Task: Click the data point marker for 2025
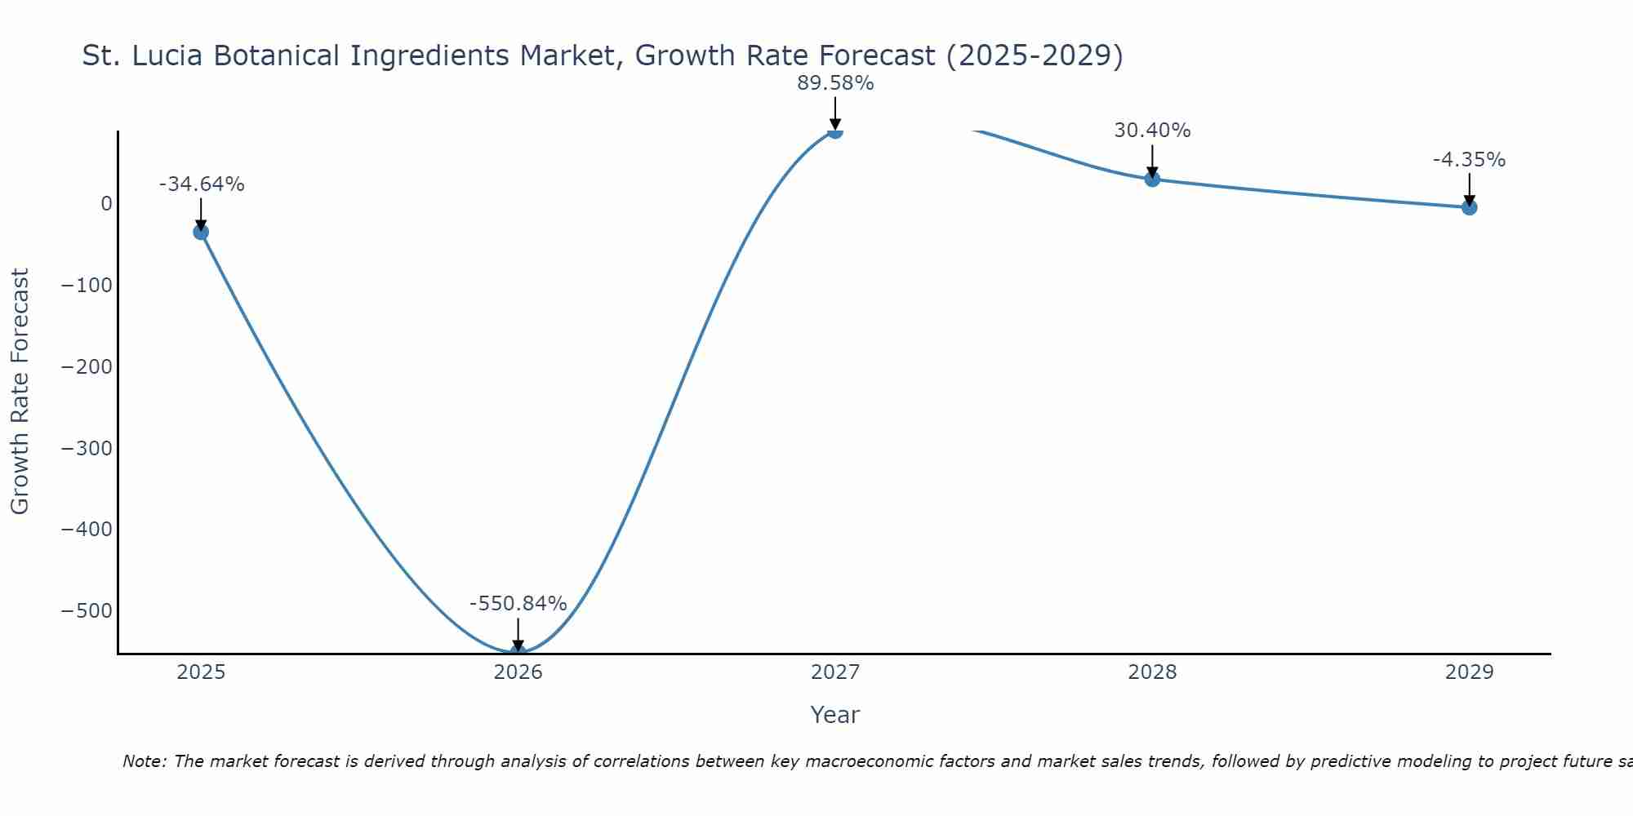coord(201,233)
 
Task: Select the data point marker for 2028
coord(1152,179)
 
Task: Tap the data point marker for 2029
coord(1469,207)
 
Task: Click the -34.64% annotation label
coord(202,184)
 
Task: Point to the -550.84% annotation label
coord(518,604)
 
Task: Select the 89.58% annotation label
coord(835,83)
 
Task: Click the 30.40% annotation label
coord(1152,131)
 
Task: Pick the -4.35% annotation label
coord(1469,160)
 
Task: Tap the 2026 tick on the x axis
coord(518,672)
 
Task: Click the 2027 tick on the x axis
coord(835,672)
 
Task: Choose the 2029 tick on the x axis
coord(1469,672)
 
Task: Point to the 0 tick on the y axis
coord(106,203)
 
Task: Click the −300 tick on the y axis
coord(87,448)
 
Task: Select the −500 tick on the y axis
coord(87,611)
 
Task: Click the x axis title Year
coord(834,715)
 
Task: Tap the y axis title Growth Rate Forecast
coord(20,391)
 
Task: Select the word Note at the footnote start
coord(144,761)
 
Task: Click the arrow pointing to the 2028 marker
coord(1152,161)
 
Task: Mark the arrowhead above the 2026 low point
coord(518,646)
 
